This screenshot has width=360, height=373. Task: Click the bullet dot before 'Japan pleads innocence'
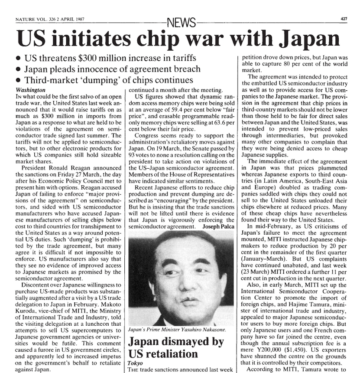pos(17,69)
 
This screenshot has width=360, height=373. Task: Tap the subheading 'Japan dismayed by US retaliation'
pos(175,347)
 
